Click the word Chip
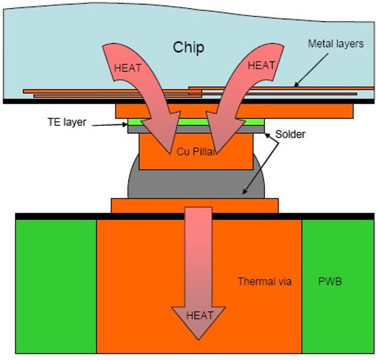188,48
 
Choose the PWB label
330,281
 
